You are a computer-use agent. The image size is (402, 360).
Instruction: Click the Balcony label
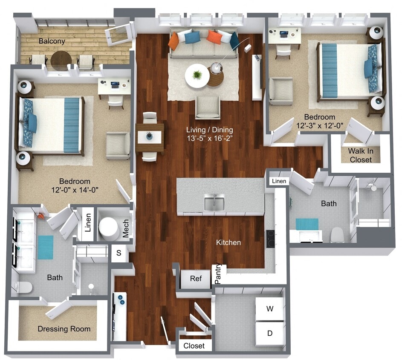pos(52,41)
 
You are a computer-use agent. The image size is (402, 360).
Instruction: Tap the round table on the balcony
pos(61,60)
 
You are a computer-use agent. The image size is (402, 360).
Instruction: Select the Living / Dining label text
pos(212,129)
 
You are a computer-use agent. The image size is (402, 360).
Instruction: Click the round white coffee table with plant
pos(197,76)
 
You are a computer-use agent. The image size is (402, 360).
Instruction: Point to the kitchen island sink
pos(214,203)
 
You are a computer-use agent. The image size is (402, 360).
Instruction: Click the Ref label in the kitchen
pos(196,279)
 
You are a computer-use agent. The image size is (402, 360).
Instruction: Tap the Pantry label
pos(218,273)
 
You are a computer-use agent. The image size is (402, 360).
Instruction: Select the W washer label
pos(269,308)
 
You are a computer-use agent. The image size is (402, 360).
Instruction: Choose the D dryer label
pos(269,333)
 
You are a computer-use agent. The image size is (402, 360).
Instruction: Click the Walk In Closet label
pos(360,155)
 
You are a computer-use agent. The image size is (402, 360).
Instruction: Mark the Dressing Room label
pos(64,329)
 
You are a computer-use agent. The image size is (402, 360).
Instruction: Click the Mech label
pos(126,229)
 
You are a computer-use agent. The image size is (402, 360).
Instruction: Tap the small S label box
pos(119,253)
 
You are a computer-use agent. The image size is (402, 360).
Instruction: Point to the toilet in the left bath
pos(25,287)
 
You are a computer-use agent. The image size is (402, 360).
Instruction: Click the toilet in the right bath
pos(337,234)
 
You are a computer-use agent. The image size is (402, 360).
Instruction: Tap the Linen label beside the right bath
pos(279,182)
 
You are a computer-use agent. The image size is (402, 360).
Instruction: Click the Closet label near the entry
pos(194,346)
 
